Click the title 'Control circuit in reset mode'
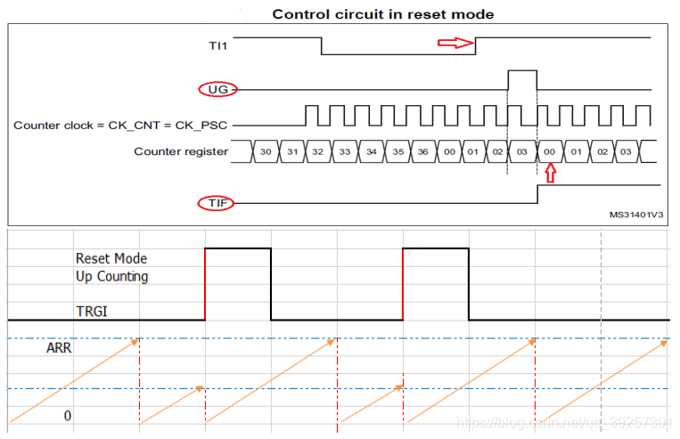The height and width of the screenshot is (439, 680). coord(382,14)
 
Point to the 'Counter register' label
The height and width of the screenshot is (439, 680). coord(180,151)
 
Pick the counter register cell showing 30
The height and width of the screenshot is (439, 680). coord(266,152)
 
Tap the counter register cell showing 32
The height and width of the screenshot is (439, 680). coord(318,152)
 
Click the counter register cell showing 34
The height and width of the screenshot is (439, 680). coord(371,152)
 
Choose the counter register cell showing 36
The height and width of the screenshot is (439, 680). coord(423,152)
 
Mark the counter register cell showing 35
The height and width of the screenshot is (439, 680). coord(397,152)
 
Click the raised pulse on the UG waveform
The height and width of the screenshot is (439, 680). coord(522,79)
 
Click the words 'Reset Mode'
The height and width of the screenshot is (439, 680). coord(111,258)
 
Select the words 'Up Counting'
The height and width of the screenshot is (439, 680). coord(111,276)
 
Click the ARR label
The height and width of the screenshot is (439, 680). coord(59,348)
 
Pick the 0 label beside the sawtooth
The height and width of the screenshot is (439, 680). coord(67,416)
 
